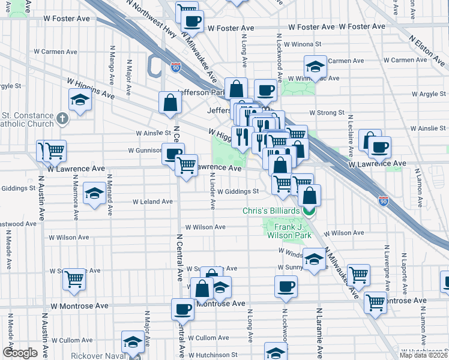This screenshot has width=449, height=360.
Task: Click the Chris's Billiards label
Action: [x=271, y=211]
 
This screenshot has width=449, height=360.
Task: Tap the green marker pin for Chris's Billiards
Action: [x=309, y=211]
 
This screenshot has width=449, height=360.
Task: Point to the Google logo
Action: [x=19, y=353]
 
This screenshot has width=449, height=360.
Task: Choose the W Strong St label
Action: [x=327, y=112]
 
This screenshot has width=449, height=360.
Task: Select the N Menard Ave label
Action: [x=109, y=196]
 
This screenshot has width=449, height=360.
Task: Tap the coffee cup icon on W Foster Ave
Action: [x=192, y=21]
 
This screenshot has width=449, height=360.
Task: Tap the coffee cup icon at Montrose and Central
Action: [x=182, y=309]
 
